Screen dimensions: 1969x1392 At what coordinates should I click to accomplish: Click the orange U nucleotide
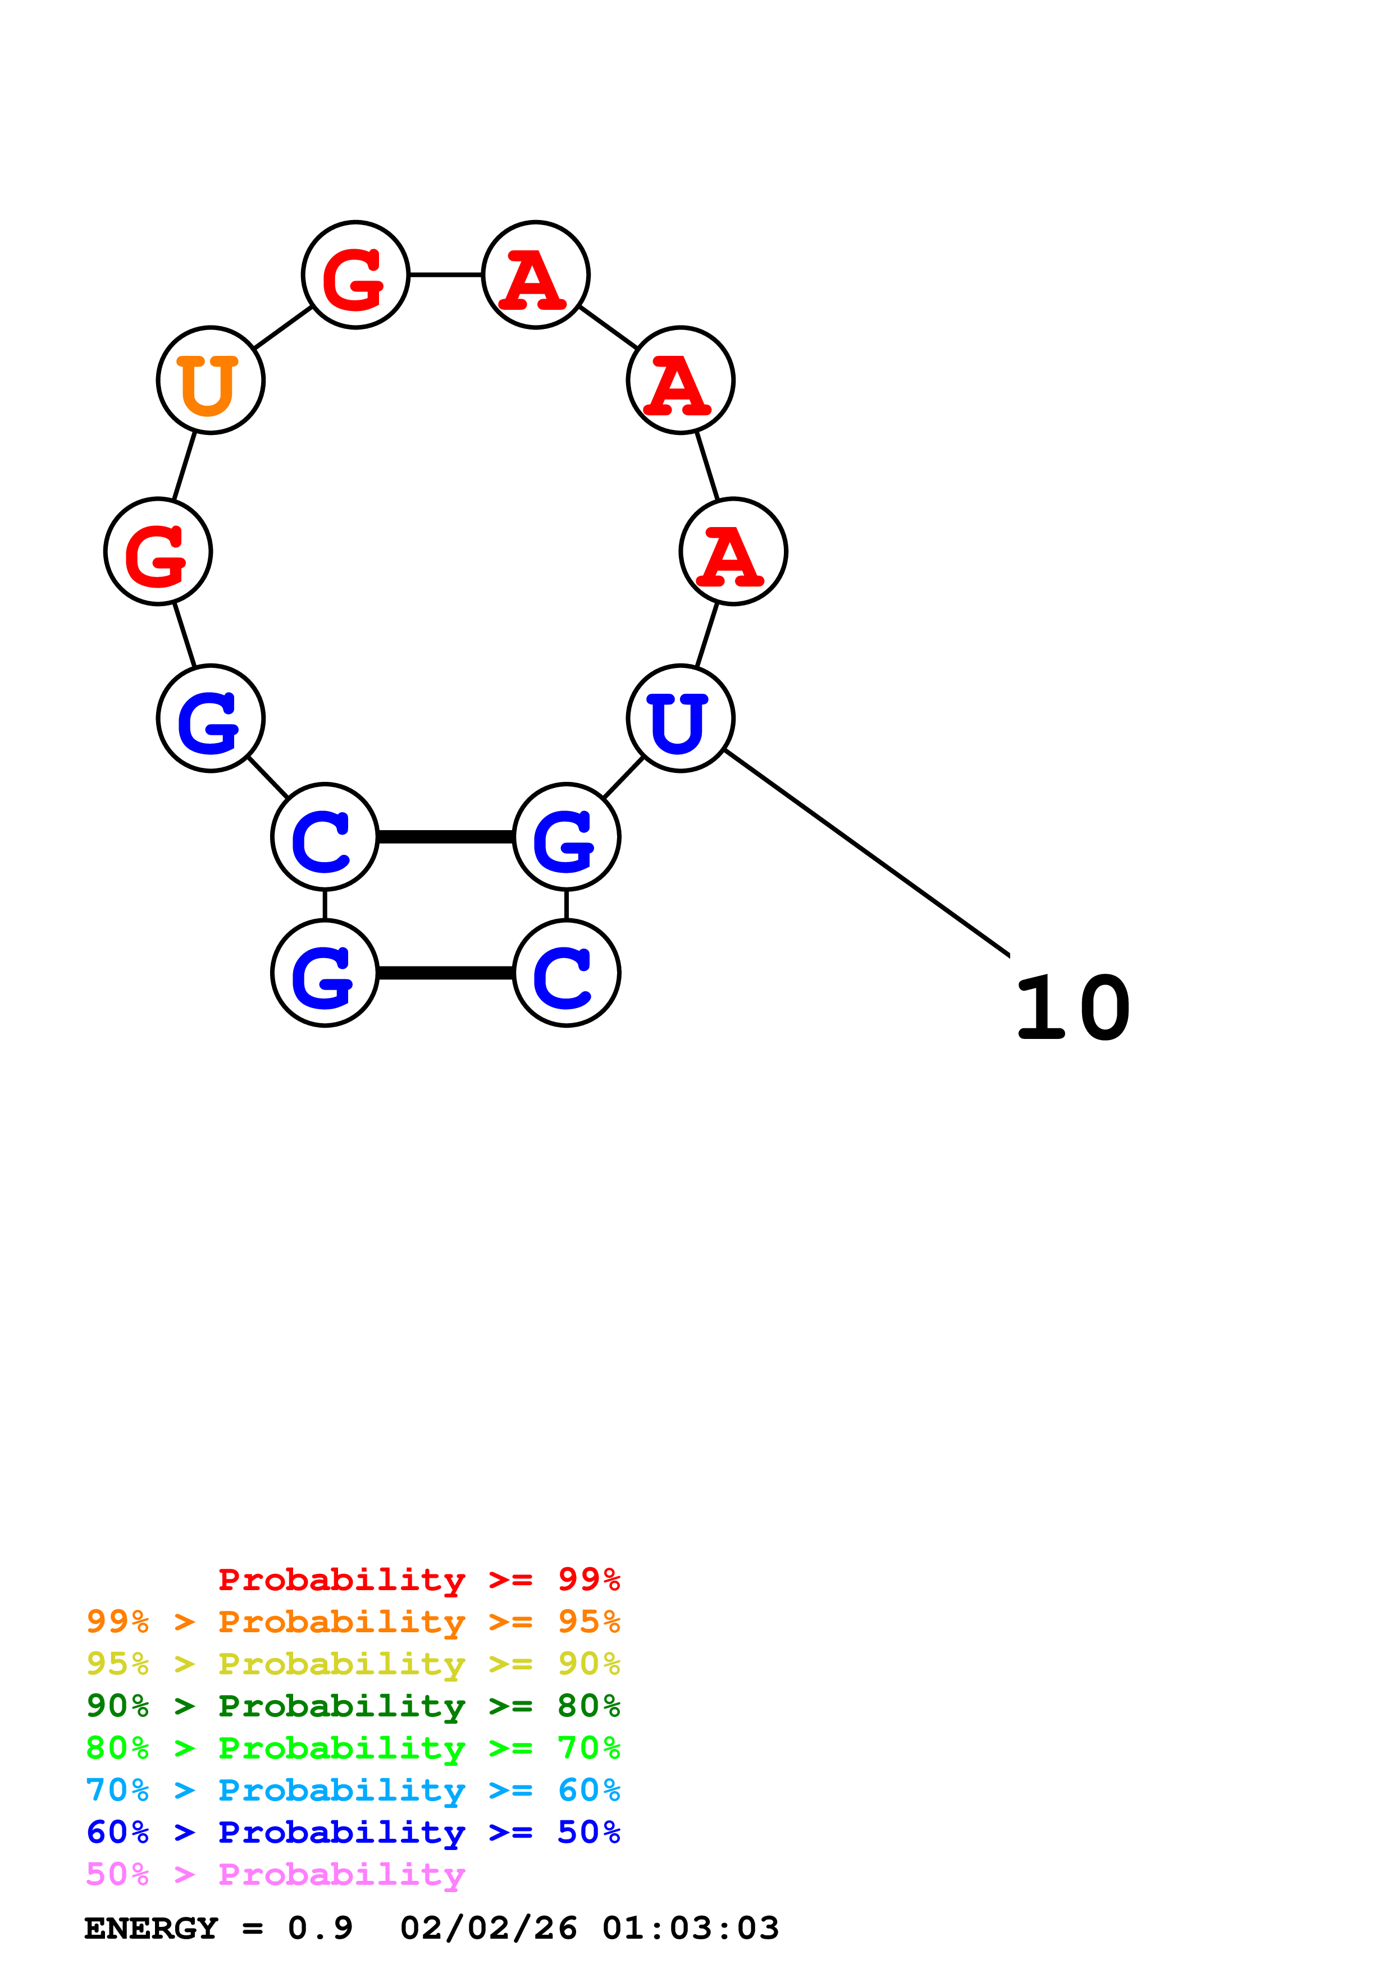(210, 380)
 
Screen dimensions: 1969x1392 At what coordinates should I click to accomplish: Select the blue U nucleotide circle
(680, 718)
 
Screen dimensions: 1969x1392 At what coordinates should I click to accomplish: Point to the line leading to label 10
(866, 851)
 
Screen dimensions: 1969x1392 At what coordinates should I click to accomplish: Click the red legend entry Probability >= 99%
(418, 1579)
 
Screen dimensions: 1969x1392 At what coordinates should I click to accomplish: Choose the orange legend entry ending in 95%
(353, 1622)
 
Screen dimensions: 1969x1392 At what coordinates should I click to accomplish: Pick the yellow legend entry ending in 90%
(353, 1664)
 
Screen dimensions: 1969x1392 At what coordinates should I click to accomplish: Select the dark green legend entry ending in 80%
(353, 1706)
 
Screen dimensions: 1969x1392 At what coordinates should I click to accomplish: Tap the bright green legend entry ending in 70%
(353, 1748)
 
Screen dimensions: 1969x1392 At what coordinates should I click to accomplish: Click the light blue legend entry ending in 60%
(353, 1790)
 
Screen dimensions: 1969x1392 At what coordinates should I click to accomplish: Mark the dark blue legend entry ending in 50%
(353, 1832)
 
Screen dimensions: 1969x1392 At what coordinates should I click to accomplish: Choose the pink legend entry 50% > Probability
(275, 1874)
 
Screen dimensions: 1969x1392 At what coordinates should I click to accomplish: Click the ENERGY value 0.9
(320, 1928)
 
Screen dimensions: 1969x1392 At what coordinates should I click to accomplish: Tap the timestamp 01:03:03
(691, 1928)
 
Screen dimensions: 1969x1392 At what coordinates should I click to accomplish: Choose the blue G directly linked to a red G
(210, 718)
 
